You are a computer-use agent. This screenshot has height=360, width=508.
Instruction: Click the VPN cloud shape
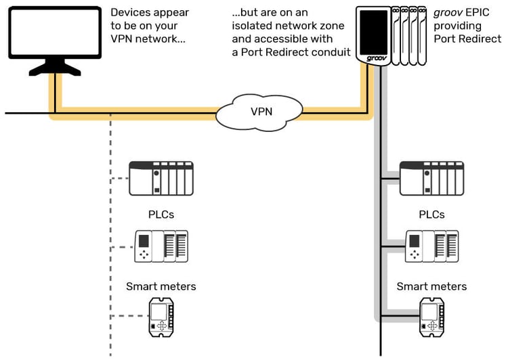tap(261, 112)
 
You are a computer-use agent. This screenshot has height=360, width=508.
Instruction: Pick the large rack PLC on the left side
tap(161, 179)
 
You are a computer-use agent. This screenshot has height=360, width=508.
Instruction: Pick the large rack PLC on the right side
tap(432, 179)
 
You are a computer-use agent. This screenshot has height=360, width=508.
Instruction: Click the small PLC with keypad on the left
tap(161, 246)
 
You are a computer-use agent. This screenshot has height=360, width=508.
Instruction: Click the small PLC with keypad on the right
tap(432, 246)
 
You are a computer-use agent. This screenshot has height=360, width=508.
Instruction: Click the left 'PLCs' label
tap(161, 215)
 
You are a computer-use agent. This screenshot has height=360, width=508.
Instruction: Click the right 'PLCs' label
tap(432, 215)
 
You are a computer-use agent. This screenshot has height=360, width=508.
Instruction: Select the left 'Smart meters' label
tap(161, 286)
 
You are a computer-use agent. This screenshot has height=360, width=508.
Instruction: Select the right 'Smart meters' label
tap(432, 286)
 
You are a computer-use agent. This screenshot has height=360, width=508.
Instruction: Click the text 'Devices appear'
tap(150, 12)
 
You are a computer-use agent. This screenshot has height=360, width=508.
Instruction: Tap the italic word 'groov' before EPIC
tap(447, 12)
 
